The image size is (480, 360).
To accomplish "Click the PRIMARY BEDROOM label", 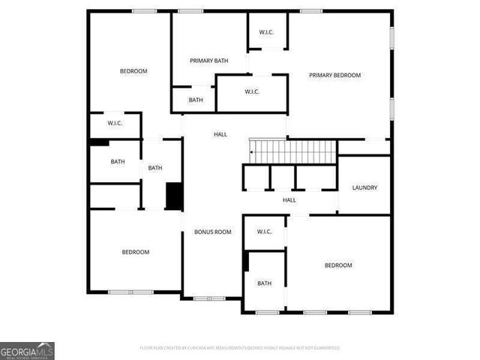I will (335, 75).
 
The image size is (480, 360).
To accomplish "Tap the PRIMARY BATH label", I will (208, 61).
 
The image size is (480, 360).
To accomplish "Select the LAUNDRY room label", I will (364, 187).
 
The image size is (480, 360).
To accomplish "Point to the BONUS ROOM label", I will (213, 232).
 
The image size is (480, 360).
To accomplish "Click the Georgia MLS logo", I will (27, 350).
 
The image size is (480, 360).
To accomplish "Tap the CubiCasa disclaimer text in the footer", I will (240, 348).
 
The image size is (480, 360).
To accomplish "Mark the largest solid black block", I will (174, 196).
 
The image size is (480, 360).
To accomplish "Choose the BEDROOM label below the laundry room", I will (338, 265).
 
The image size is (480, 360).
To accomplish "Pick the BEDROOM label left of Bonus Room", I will (136, 252).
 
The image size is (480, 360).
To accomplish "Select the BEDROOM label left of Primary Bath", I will (133, 71).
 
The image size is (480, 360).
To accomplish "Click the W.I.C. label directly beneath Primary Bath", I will (252, 91).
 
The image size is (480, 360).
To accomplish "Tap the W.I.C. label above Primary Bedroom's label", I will (266, 32).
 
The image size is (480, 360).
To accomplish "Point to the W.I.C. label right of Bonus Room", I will (264, 232).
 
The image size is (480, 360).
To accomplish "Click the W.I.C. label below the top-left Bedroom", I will (115, 123).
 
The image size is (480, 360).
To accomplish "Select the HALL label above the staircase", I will (220, 134).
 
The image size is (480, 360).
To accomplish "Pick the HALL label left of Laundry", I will (289, 200).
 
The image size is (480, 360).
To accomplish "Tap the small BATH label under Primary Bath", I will (196, 100).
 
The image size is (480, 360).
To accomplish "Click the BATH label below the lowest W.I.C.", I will (264, 283).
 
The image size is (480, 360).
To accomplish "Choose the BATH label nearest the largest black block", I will (155, 168).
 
